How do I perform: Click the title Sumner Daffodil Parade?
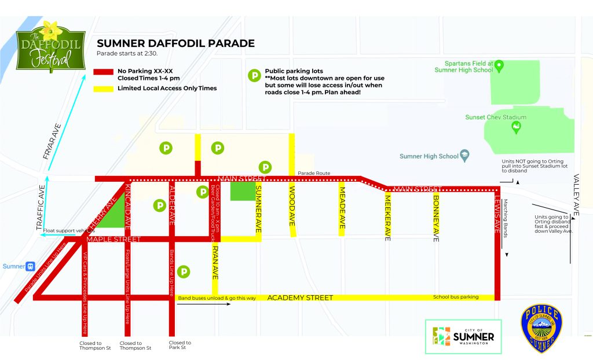175,43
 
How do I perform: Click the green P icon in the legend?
254,75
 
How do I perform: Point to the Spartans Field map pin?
499,65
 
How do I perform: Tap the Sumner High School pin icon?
464,156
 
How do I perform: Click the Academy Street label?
300,297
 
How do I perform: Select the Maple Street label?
113,239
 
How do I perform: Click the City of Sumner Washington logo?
463,336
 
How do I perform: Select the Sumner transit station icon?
30,266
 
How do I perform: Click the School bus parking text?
456,297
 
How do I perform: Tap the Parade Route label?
313,173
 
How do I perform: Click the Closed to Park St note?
180,346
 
